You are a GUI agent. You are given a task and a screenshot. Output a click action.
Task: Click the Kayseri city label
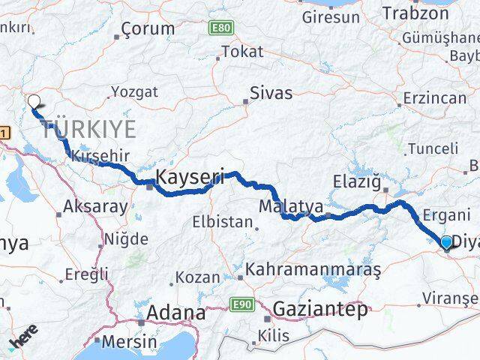tap(190, 178)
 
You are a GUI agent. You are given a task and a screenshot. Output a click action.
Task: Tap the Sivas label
tap(271, 94)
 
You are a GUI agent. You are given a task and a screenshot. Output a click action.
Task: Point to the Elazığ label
tap(358, 180)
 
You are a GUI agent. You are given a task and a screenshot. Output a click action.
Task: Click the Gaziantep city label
tap(320, 308)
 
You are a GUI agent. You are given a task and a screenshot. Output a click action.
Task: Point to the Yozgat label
tap(134, 91)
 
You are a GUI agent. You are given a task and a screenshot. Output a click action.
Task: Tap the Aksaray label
tap(96, 207)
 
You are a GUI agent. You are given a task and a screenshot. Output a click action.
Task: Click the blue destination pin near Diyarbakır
tap(447, 242)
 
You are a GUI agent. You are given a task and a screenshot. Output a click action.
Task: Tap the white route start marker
tap(34, 101)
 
